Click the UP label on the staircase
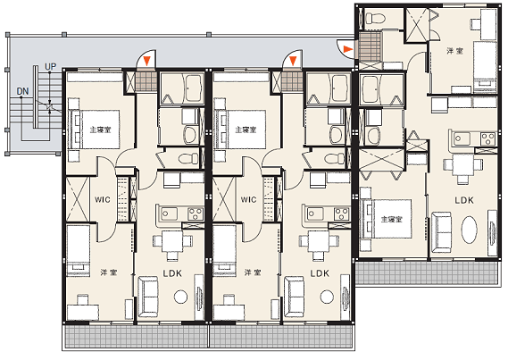[50, 67]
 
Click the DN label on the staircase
[22, 91]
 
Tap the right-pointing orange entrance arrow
[347, 49]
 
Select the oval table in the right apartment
[469, 230]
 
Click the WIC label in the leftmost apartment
[103, 199]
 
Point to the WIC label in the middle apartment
[248, 199]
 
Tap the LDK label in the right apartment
[464, 200]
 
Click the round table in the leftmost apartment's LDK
[180, 297]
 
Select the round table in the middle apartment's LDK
[327, 297]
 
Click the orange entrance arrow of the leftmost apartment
[147, 61]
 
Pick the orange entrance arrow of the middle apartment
[293, 61]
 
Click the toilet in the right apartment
[375, 17]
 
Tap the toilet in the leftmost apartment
[188, 158]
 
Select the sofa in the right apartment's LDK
[441, 232]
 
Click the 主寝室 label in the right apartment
[392, 220]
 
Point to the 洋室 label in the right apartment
[454, 51]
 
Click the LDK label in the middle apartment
[320, 273]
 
